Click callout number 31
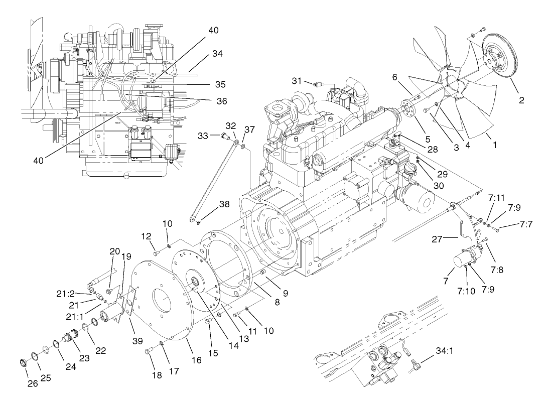[x=297, y=81]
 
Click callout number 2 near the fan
[x=521, y=100]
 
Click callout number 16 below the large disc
[x=197, y=359]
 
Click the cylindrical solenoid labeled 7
[x=463, y=261]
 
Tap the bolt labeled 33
[x=225, y=135]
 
